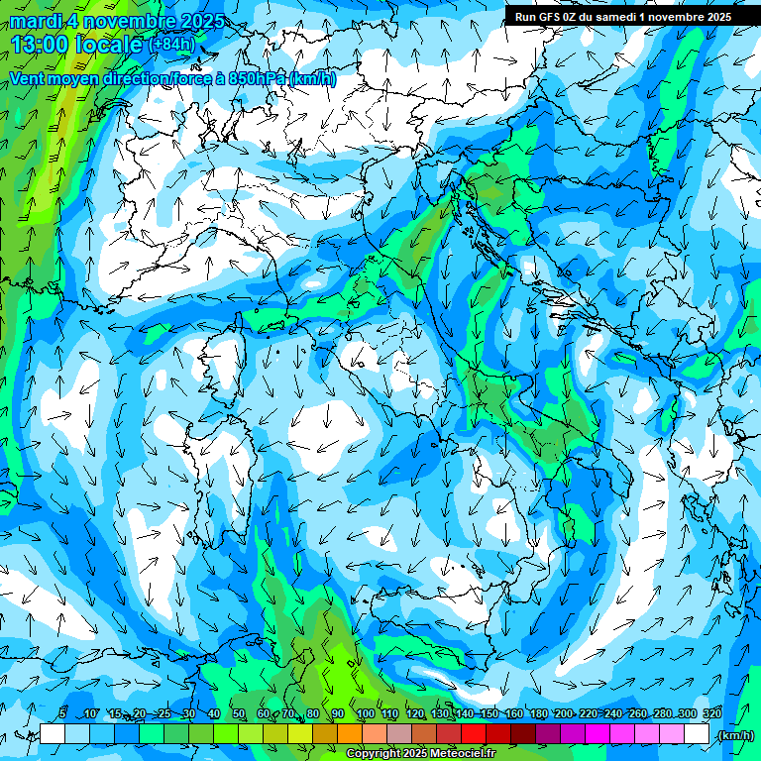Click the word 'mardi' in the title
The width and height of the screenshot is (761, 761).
point(34,21)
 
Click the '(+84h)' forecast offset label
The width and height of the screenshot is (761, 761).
point(171,44)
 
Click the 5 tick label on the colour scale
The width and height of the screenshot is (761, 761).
point(62,713)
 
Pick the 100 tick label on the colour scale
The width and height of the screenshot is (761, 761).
point(364,713)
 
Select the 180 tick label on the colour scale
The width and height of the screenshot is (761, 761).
point(538,713)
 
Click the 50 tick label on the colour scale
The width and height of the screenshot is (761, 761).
point(239,713)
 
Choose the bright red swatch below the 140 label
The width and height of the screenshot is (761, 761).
point(474,734)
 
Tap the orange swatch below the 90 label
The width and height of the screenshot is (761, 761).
point(350,734)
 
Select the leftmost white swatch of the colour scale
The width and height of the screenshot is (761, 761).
point(53,734)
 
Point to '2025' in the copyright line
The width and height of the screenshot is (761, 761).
point(412,754)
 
